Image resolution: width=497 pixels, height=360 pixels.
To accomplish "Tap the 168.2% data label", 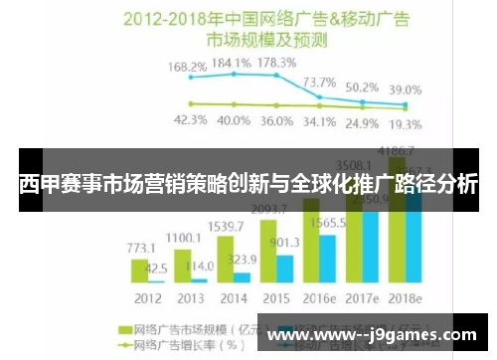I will coord(187,68).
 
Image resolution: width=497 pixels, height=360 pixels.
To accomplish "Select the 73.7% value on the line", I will coord(318,82).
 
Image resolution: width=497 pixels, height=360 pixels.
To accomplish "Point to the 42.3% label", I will coord(190,120).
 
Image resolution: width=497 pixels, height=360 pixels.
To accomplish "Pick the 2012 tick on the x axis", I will coord(149,296).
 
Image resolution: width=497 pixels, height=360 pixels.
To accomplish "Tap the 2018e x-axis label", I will coord(406,296).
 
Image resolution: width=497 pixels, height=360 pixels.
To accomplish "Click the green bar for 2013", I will coord(183,266).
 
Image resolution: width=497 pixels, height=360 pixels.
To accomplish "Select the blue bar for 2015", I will coord(285,269).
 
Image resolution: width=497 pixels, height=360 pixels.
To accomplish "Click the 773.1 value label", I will coord(140,247).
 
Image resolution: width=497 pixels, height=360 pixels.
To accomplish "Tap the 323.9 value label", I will coord(244,261).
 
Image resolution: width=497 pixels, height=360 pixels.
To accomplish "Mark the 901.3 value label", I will coord(286,243).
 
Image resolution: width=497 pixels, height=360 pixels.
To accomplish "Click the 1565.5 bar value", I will coord(328,225).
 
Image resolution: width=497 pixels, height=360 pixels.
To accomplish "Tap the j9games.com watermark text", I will coord(379,336).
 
